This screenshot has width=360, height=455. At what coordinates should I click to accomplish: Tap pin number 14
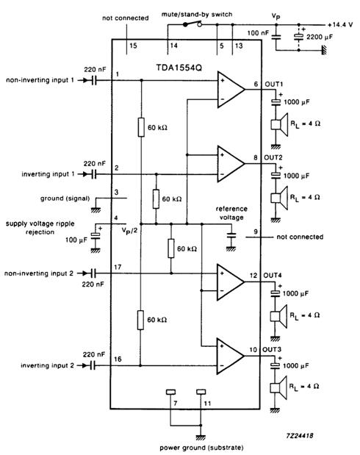click(173, 46)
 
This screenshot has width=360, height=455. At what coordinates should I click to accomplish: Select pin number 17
click(118, 268)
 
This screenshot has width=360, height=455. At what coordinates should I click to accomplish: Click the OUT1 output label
click(273, 84)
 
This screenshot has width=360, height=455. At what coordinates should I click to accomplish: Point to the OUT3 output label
click(273, 349)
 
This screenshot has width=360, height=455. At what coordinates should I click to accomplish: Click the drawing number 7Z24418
click(300, 434)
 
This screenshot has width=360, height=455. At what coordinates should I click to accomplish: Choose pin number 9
click(256, 232)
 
